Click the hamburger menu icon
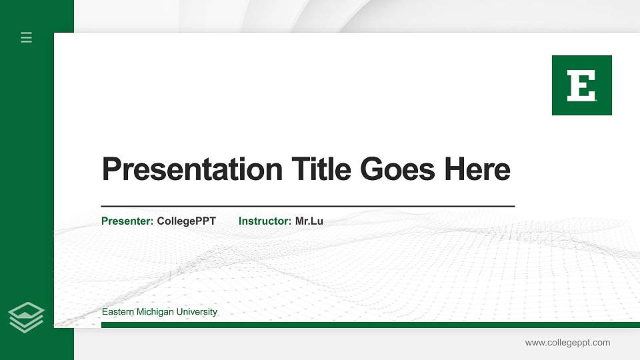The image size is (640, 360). coord(27,37)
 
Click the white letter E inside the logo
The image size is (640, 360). coord(581,86)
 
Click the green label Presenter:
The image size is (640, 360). coord(127,221)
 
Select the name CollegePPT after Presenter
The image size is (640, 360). coord(186,221)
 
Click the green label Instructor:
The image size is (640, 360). coord(265,221)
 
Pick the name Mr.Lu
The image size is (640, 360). coord(309,221)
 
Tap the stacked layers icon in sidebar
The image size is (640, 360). coord(27,317)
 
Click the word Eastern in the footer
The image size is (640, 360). coord(117,312)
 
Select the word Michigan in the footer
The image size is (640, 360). coord(155,312)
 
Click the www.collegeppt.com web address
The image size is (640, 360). coord(567,343)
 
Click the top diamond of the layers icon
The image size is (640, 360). coord(27,309)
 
